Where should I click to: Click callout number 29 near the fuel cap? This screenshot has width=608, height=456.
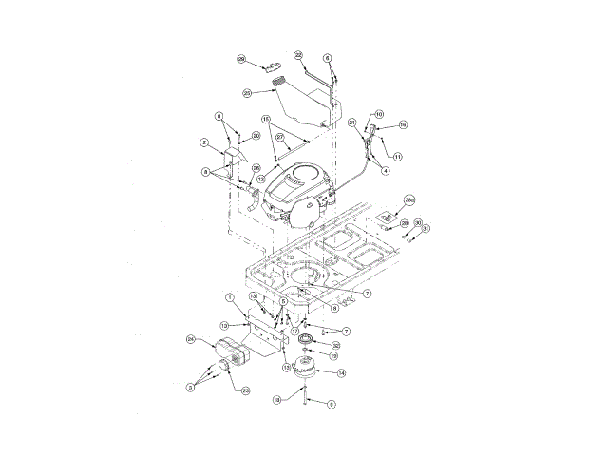tap(241, 59)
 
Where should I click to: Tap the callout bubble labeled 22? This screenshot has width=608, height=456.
tap(298, 55)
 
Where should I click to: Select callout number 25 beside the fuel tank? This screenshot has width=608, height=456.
tap(247, 92)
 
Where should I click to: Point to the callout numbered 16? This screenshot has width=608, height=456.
tap(403, 124)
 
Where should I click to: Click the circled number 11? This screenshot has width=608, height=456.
tap(398, 156)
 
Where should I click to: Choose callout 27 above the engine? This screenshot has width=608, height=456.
tap(280, 138)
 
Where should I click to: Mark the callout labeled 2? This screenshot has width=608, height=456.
tap(203, 142)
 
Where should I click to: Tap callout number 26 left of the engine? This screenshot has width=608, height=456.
tap(256, 167)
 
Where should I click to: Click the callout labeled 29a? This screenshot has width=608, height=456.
tap(410, 200)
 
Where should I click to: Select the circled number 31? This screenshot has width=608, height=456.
tap(427, 229)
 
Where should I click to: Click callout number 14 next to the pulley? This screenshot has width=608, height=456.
tap(342, 373)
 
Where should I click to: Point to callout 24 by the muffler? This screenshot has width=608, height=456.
tap(190, 339)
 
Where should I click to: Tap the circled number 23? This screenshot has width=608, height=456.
tap(245, 390)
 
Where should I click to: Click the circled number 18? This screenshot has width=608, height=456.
tap(276, 400)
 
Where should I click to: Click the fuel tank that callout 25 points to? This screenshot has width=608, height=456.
tap(299, 103)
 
